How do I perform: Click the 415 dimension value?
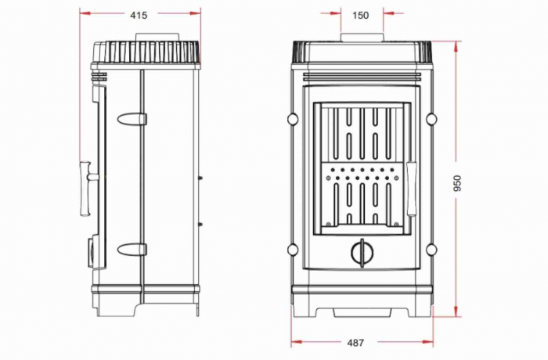(x=140, y=15)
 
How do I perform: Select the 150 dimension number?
(x=361, y=15)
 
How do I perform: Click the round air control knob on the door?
(x=361, y=252)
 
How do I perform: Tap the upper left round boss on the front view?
(x=292, y=119)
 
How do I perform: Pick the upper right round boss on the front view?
(x=431, y=119)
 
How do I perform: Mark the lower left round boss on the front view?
(x=292, y=250)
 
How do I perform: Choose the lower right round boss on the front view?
(x=431, y=250)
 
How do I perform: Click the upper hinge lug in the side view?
(x=131, y=119)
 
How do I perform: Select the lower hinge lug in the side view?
(x=131, y=250)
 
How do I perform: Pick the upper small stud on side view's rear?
(x=202, y=178)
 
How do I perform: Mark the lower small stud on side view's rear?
(x=202, y=225)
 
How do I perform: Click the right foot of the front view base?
(x=420, y=311)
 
